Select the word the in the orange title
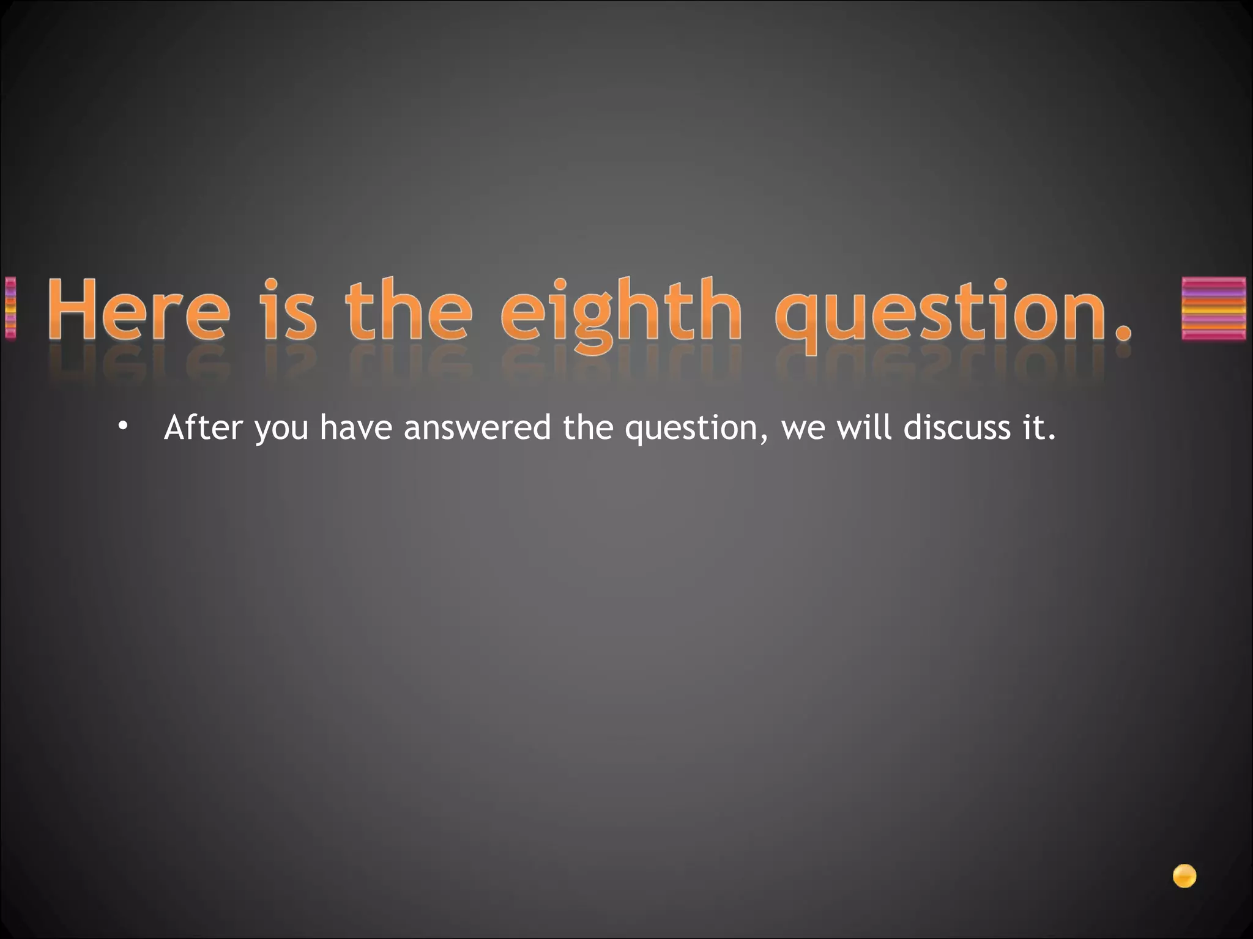pos(409,309)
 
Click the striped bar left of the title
pos(10,308)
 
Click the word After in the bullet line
pos(203,427)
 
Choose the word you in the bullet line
pos(282,429)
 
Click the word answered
pos(477,427)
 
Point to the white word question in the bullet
pos(691,429)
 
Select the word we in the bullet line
pos(801,429)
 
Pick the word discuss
pos(957,427)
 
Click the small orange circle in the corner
pos(1184,876)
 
